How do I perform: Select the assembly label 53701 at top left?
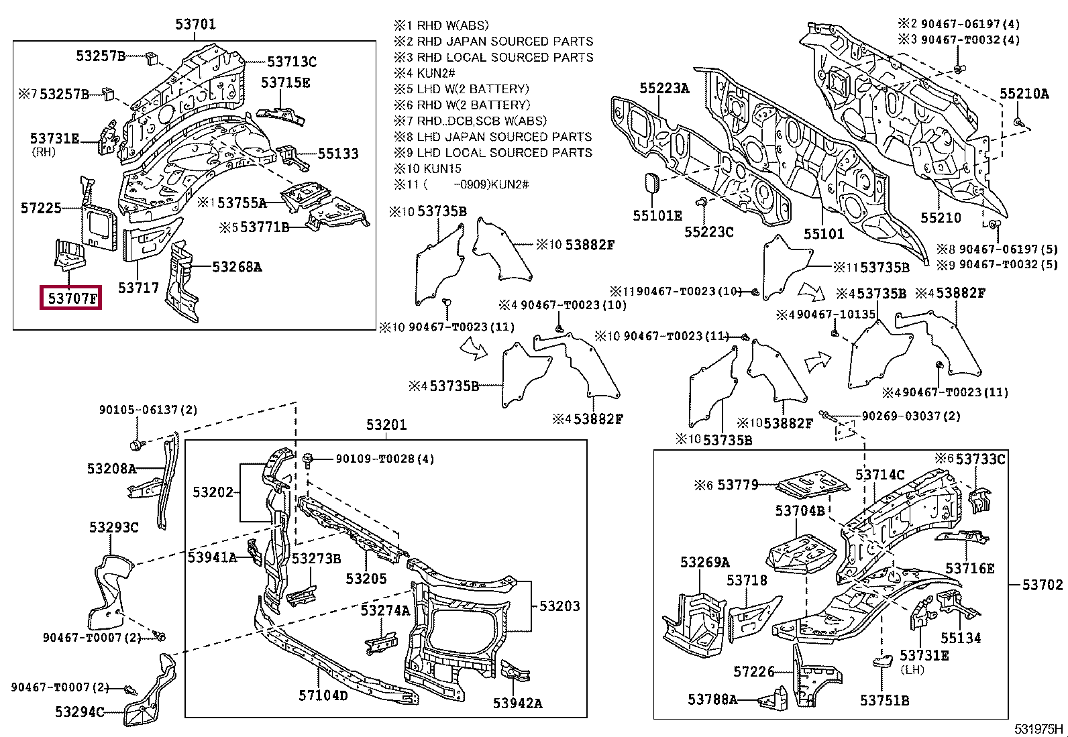(195, 24)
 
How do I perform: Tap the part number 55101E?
(657, 215)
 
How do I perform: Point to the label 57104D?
(323, 695)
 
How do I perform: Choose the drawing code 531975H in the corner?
(1038, 729)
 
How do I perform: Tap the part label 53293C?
(114, 527)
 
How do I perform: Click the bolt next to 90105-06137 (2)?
(136, 445)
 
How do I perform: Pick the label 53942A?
(517, 703)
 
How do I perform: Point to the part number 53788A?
(712, 699)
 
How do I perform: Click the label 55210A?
(1024, 93)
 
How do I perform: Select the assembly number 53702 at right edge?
(1043, 585)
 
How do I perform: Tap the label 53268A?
(237, 267)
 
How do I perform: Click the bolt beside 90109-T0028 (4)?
(308, 461)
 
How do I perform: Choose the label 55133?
(338, 154)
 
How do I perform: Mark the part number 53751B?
(884, 700)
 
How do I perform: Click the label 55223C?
(709, 231)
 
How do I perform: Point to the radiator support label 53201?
(386, 424)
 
